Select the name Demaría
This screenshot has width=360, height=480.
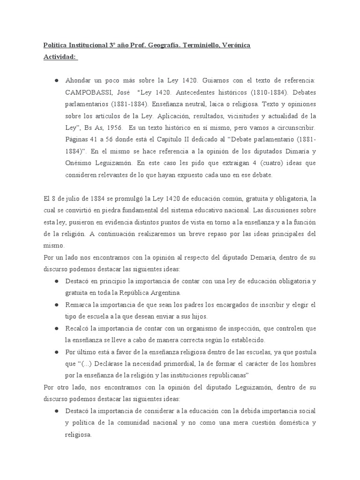pyautogui.click(x=257, y=257)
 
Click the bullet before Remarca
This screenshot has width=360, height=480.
pyautogui.click(x=56, y=305)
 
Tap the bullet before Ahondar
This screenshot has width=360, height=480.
pyautogui.click(x=56, y=81)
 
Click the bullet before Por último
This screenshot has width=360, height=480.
pyautogui.click(x=56, y=352)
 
